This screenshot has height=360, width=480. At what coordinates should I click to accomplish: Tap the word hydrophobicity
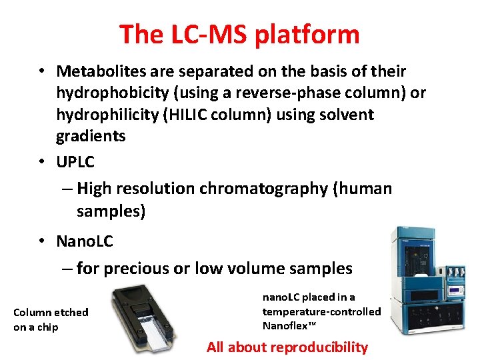point(134,93)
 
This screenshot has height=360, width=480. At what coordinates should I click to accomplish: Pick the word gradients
point(91,136)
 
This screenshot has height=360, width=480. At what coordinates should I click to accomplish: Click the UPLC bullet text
point(75,162)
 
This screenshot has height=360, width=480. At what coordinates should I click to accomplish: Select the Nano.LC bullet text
point(85,241)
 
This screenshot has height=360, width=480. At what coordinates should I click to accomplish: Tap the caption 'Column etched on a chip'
point(51,319)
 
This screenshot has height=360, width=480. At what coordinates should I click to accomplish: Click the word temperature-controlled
point(321,311)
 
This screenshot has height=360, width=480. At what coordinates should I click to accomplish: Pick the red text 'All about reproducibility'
point(287,347)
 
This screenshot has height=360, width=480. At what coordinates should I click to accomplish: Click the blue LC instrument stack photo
point(427,280)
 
